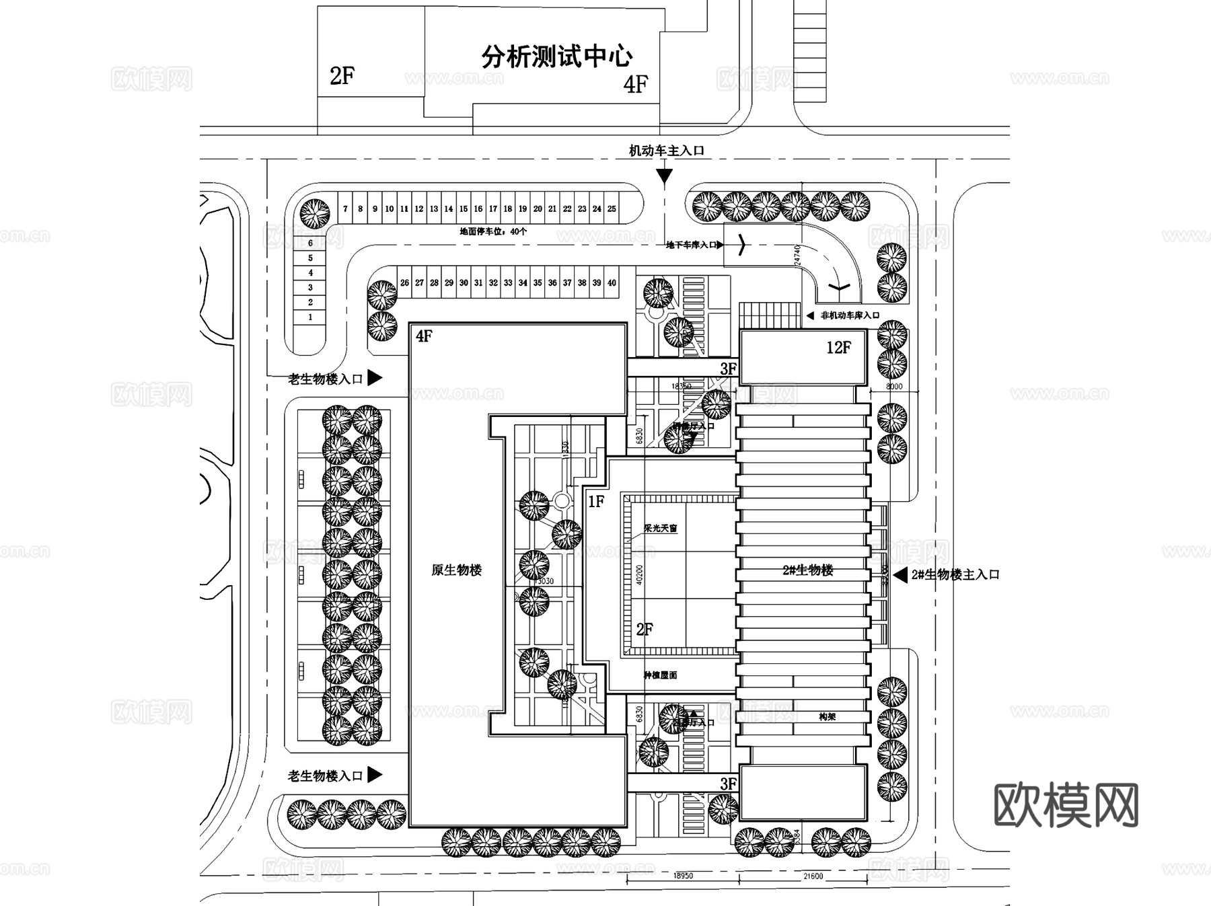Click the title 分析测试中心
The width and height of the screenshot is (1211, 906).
coord(556,56)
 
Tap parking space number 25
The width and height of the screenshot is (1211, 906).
coord(612,209)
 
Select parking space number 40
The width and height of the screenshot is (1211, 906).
coord(612,283)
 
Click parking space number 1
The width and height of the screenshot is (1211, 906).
coord(310,317)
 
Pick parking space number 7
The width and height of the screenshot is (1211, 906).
coord(345,209)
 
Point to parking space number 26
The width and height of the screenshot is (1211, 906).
coord(404,283)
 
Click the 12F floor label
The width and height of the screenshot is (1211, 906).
coord(838,348)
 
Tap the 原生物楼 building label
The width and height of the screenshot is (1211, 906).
coord(456,570)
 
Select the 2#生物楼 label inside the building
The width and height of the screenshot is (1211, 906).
coord(807,570)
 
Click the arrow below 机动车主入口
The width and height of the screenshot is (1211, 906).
coord(664,176)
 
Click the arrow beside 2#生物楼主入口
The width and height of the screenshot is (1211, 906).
coord(900,575)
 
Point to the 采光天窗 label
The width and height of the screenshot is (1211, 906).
coord(660,529)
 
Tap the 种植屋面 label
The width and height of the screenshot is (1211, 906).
coord(660,675)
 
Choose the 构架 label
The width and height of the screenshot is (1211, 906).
coord(827,717)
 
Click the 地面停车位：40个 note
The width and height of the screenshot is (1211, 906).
coord(493,231)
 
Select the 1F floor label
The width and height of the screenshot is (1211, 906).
coord(596,502)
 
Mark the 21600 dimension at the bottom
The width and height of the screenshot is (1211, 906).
coord(813,876)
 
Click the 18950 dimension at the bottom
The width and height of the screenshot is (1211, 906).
coord(683,876)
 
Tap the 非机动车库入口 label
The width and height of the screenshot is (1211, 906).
coord(850,315)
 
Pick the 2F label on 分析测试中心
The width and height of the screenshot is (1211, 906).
coord(342,76)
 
